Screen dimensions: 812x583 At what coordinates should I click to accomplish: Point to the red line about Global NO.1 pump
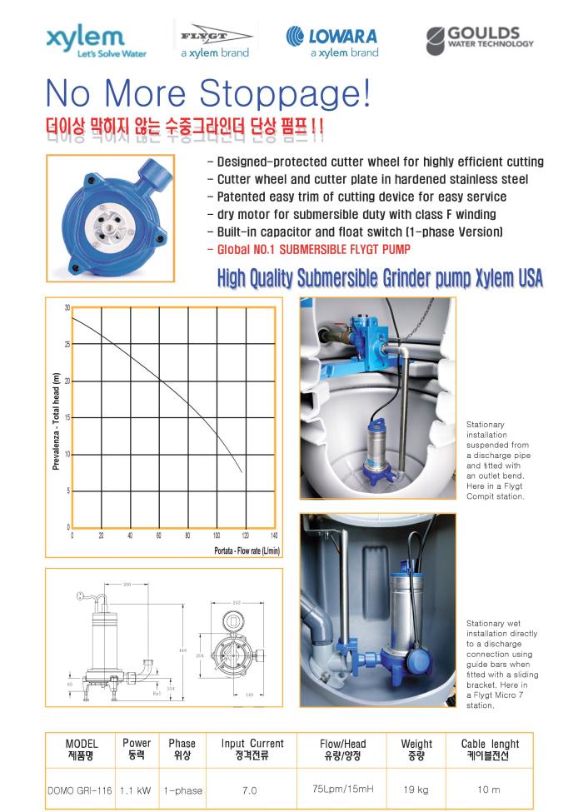click(308, 249)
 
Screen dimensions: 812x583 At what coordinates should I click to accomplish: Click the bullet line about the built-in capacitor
click(354, 231)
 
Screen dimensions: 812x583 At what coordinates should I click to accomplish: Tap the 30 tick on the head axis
click(67, 308)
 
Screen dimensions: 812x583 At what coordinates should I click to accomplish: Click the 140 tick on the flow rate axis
click(274, 536)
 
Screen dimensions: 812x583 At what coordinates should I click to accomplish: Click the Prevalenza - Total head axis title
click(56, 421)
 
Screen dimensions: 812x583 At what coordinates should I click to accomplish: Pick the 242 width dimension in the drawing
click(236, 602)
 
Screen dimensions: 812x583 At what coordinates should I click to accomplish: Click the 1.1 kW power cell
click(135, 790)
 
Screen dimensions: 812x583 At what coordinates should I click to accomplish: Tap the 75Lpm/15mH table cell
click(342, 789)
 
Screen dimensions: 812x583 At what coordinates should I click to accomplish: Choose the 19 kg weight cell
click(416, 790)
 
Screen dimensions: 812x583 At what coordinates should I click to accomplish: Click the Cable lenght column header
click(490, 744)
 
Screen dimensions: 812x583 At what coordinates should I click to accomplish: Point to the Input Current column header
click(252, 743)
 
